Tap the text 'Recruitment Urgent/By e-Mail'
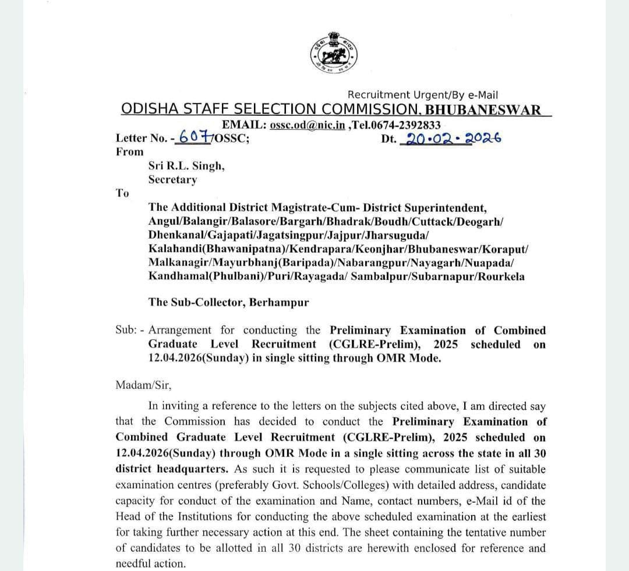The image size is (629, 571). (x=422, y=95)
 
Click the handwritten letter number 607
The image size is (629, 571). (x=195, y=138)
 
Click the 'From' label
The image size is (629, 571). (x=129, y=152)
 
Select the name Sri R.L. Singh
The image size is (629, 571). (x=186, y=166)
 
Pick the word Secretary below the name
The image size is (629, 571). (x=172, y=180)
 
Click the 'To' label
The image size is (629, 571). (x=122, y=193)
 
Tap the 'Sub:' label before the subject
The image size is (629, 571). (x=126, y=330)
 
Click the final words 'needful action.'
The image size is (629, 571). (x=150, y=563)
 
